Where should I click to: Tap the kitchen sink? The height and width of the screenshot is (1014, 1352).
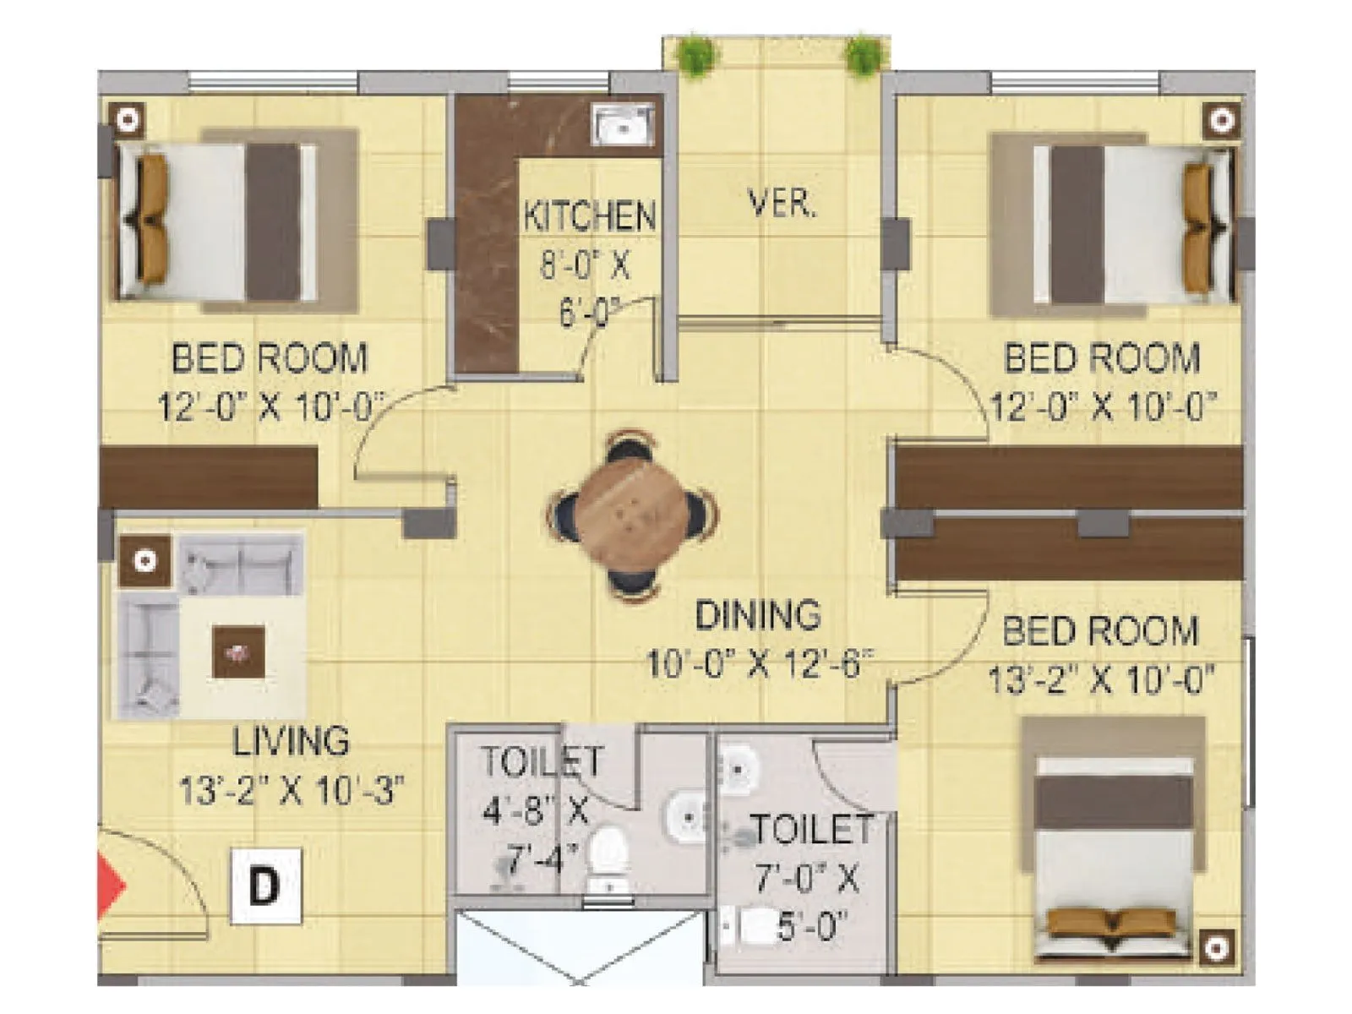point(623,126)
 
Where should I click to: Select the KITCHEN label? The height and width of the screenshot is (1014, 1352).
point(589,216)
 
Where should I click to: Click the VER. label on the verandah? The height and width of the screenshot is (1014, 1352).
point(782,204)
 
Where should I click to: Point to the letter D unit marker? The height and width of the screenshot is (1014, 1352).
point(265,886)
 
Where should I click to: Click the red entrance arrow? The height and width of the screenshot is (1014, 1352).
point(110,886)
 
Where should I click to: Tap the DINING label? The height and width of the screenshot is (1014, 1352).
point(757,615)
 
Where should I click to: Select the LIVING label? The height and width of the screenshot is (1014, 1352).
point(291,742)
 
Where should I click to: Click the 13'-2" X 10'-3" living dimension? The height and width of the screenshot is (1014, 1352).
point(291,792)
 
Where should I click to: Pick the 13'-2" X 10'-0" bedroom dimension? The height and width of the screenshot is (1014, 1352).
point(1101,679)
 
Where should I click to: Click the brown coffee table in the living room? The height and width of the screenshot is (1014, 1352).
point(238,651)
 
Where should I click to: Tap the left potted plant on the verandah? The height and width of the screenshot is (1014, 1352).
point(695,56)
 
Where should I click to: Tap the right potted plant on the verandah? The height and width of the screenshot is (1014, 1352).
point(864,56)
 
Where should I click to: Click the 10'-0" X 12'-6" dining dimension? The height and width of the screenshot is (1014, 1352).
point(758,663)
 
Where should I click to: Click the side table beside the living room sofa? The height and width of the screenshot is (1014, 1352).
point(144,561)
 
